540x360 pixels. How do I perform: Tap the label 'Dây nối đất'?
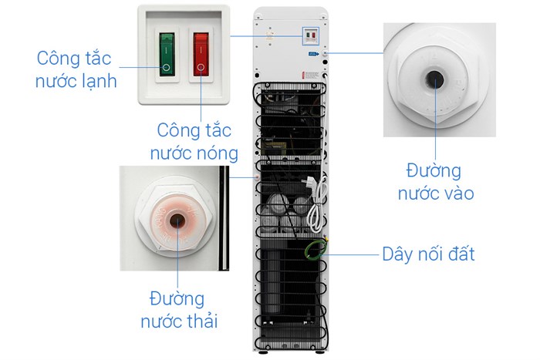(428, 254)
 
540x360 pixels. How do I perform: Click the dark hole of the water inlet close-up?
(434, 79)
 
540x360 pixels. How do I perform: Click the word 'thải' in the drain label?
(198, 321)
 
